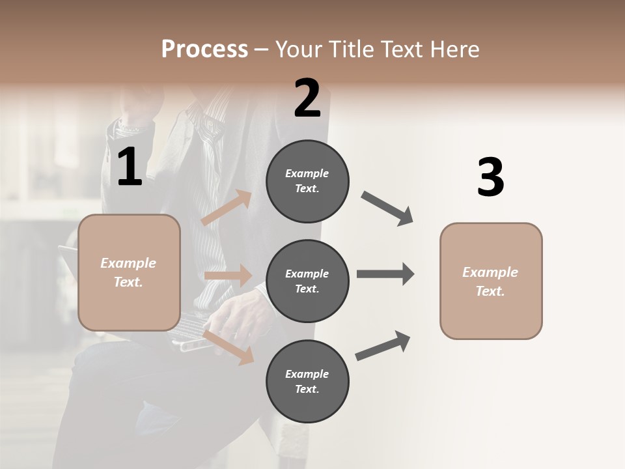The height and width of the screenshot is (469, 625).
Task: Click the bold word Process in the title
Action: click(204, 50)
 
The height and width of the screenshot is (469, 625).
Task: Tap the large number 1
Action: click(130, 168)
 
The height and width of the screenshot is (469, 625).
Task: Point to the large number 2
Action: click(307, 99)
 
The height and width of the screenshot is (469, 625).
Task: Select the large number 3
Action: click(490, 178)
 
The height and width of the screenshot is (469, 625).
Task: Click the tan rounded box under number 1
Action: click(129, 272)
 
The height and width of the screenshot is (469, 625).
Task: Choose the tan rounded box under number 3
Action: click(491, 281)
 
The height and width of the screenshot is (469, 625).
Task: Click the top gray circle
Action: click(307, 181)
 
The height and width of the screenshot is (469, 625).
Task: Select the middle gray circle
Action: click(307, 281)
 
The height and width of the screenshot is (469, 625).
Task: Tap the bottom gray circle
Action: click(307, 382)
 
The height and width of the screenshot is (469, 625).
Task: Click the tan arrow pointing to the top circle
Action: click(227, 208)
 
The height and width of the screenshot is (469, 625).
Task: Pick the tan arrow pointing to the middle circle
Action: click(229, 276)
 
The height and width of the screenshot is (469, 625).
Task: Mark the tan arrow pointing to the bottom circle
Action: click(229, 347)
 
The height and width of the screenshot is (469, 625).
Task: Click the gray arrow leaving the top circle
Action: click(387, 208)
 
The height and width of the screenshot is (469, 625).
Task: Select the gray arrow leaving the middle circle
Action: click(385, 274)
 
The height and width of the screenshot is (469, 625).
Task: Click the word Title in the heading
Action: click(352, 50)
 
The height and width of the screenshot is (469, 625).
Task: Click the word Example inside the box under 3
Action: click(490, 272)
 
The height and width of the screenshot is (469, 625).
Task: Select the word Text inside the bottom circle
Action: click(306, 390)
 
